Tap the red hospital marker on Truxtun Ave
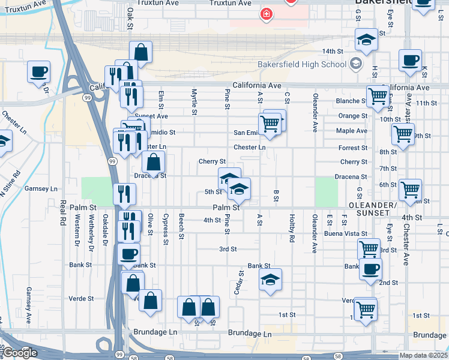[x=265, y=13]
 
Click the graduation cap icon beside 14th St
[x=366, y=40]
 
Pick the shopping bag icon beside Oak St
[x=140, y=52]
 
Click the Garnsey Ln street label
[x=41, y=188]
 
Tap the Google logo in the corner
[x=19, y=353]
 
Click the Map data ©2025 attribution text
[x=424, y=355]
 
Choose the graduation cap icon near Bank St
[x=270, y=280]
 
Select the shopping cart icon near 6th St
[x=411, y=190]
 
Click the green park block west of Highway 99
[x=92, y=191]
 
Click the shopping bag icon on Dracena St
[x=154, y=161]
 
